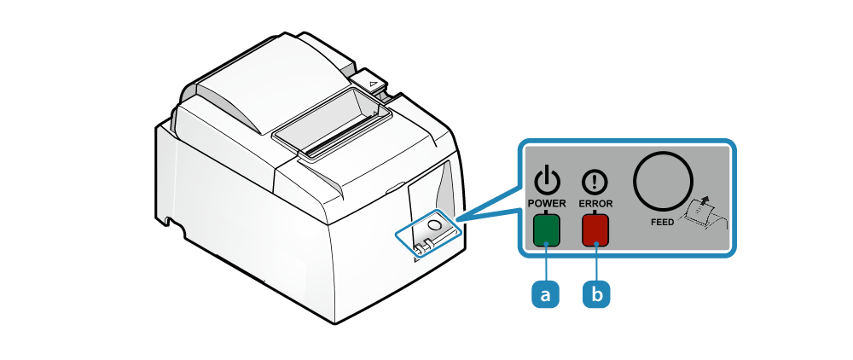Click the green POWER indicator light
point(546,230)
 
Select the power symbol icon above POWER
point(547,181)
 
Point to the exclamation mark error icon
point(595,182)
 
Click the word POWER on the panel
point(547,204)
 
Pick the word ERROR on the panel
point(595,204)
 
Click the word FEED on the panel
point(662,221)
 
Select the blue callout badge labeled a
point(546,293)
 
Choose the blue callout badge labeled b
point(596,293)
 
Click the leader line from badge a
point(546,263)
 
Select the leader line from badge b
point(596,263)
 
